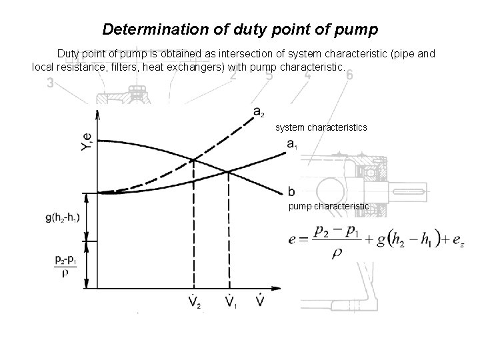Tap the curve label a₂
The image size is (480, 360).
pyautogui.click(x=259, y=111)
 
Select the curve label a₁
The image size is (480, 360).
pyautogui.click(x=292, y=144)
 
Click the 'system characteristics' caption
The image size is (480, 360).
pyautogui.click(x=321, y=127)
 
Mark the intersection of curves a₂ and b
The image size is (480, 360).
pyautogui.click(x=193, y=160)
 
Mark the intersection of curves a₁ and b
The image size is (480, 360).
pyautogui.click(x=228, y=171)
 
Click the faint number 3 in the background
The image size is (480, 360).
pyautogui.click(x=50, y=83)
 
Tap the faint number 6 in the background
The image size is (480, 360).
pyautogui.click(x=349, y=75)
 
